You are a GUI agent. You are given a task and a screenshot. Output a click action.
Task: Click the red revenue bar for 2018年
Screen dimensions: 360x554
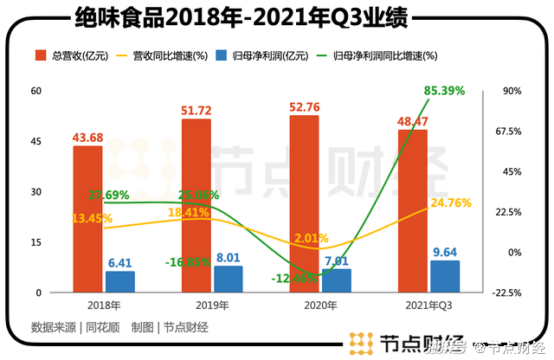pyautogui.click(x=87, y=225)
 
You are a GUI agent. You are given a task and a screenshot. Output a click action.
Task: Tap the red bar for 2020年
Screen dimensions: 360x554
pyautogui.click(x=305, y=208)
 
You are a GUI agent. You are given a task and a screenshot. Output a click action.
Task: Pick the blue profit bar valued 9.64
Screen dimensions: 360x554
pyautogui.click(x=446, y=276)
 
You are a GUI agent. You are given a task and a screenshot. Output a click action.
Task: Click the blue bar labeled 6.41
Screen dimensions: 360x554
pyautogui.click(x=120, y=282)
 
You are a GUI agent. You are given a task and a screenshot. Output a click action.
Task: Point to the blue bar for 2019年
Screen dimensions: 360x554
pyautogui.click(x=229, y=279)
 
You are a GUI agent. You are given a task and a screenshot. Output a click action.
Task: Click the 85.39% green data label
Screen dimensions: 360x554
pyautogui.click(x=445, y=90)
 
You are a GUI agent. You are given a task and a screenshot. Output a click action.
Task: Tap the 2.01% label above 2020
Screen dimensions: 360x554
pyautogui.click(x=311, y=237)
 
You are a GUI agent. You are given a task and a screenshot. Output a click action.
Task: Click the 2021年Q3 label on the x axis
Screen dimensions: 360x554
pyautogui.click(x=429, y=305)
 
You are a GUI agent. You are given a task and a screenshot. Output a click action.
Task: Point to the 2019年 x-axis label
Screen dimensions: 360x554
pyautogui.click(x=212, y=305)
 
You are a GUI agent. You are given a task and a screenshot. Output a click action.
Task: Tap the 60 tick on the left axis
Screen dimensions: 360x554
pyautogui.click(x=36, y=90)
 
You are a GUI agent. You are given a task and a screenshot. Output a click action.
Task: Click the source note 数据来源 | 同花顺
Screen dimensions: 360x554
pyautogui.click(x=74, y=327)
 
